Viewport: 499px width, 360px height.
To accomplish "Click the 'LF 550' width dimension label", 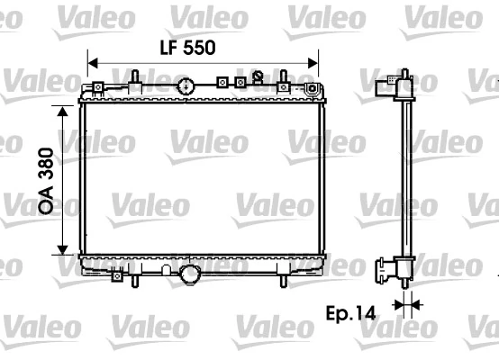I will [186, 49].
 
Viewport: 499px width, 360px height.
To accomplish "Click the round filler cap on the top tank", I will [186, 87].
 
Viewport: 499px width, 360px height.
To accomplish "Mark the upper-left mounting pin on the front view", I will [133, 78].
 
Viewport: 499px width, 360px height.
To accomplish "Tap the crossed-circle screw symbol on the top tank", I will [259, 77].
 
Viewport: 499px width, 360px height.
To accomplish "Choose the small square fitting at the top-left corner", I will [94, 88].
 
